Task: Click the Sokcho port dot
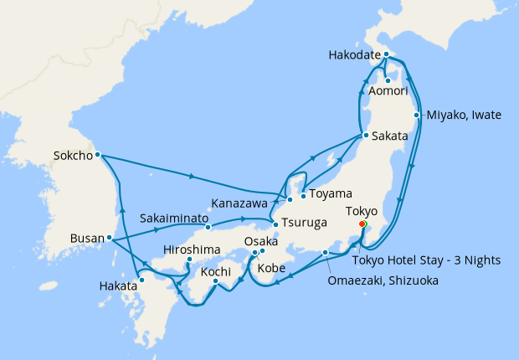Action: [98, 154]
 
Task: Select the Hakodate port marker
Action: [386, 54]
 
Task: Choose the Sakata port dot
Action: [365, 135]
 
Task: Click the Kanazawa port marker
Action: [290, 199]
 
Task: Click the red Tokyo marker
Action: [362, 224]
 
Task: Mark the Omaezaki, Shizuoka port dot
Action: [325, 252]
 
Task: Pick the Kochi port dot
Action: [216, 281]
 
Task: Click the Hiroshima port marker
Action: [190, 260]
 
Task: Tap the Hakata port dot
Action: [142, 280]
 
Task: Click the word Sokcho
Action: [72, 154]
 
